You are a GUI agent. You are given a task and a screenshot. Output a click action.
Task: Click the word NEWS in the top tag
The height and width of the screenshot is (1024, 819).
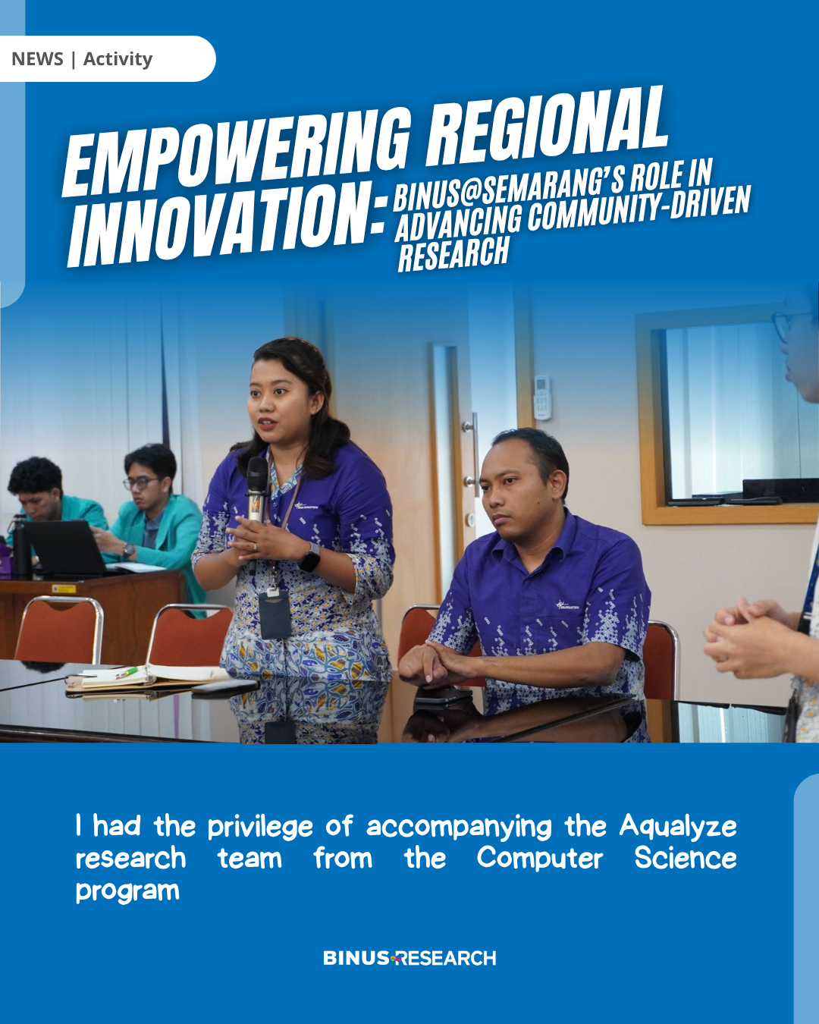point(37,59)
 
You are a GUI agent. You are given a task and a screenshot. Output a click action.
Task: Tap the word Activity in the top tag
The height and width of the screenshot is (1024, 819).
point(118,59)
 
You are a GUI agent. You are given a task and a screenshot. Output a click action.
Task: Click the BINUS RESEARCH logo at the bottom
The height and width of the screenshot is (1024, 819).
point(409,958)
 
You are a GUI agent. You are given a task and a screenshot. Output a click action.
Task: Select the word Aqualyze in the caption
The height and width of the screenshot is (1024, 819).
point(678,827)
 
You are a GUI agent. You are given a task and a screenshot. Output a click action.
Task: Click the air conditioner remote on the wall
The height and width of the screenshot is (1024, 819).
point(542,397)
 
